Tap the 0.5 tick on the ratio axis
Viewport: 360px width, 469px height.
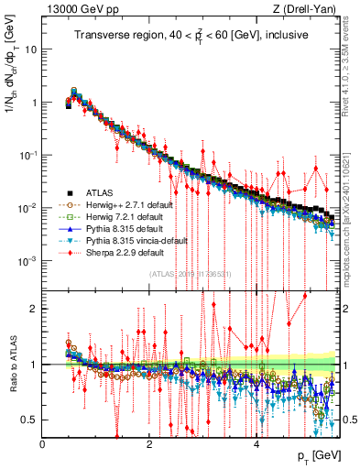(30, 420)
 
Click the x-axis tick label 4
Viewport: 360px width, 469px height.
(256, 443)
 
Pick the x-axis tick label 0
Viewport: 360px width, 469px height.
(42, 443)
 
